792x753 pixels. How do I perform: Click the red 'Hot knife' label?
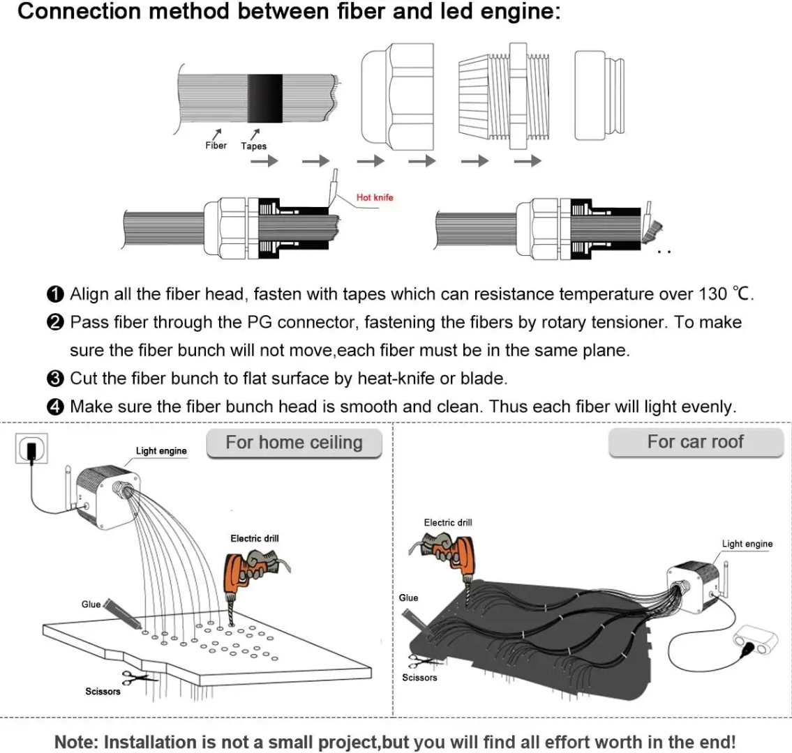[x=375, y=197]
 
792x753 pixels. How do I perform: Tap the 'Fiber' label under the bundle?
[x=216, y=145]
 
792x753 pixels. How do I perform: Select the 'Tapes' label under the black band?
[x=254, y=146]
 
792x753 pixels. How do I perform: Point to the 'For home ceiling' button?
[x=294, y=443]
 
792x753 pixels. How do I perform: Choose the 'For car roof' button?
[x=695, y=442]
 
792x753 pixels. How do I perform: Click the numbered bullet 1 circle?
[x=55, y=294]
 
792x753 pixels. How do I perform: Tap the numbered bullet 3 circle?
[x=55, y=379]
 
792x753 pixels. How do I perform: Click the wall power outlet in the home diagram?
[x=31, y=450]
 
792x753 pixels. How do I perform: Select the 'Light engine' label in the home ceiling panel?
[x=161, y=450]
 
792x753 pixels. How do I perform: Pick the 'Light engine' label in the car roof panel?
[x=747, y=543]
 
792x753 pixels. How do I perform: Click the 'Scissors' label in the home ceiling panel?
[x=103, y=691]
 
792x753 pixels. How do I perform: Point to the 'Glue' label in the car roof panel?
[x=409, y=598]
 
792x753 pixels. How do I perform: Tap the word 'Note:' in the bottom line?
[x=77, y=742]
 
